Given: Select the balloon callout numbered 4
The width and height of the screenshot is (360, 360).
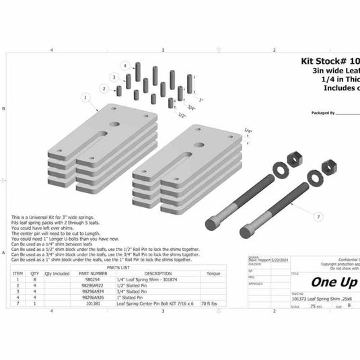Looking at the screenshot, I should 124,65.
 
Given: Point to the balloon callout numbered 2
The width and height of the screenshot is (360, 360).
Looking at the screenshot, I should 102,87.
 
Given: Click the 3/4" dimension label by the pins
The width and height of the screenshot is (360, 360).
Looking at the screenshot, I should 191,108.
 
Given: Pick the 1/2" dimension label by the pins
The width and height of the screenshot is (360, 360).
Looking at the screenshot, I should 182,115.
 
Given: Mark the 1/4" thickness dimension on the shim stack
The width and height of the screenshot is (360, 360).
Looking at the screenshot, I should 248,131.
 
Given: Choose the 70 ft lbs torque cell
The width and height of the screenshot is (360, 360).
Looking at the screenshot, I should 213,303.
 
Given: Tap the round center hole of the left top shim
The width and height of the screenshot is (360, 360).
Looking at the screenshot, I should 118,125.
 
